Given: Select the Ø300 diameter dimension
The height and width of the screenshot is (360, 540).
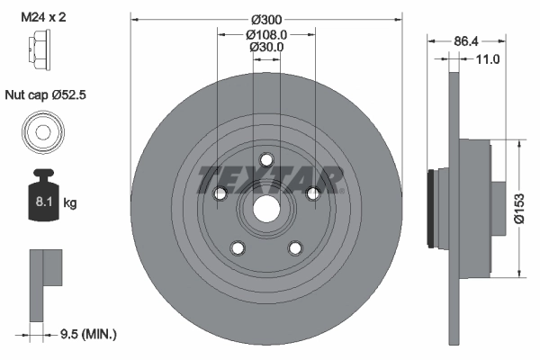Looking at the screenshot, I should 265,19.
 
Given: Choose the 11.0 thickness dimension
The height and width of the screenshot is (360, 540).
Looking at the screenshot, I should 485,59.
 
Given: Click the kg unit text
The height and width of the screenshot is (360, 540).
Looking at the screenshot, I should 71,203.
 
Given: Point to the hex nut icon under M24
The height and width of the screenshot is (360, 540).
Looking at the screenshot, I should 40,44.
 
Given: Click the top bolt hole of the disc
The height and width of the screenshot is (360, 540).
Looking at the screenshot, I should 265,159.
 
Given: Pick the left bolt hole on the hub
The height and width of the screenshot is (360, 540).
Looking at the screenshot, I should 219,193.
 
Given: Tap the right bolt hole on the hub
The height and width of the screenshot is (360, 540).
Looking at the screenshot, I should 312,193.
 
